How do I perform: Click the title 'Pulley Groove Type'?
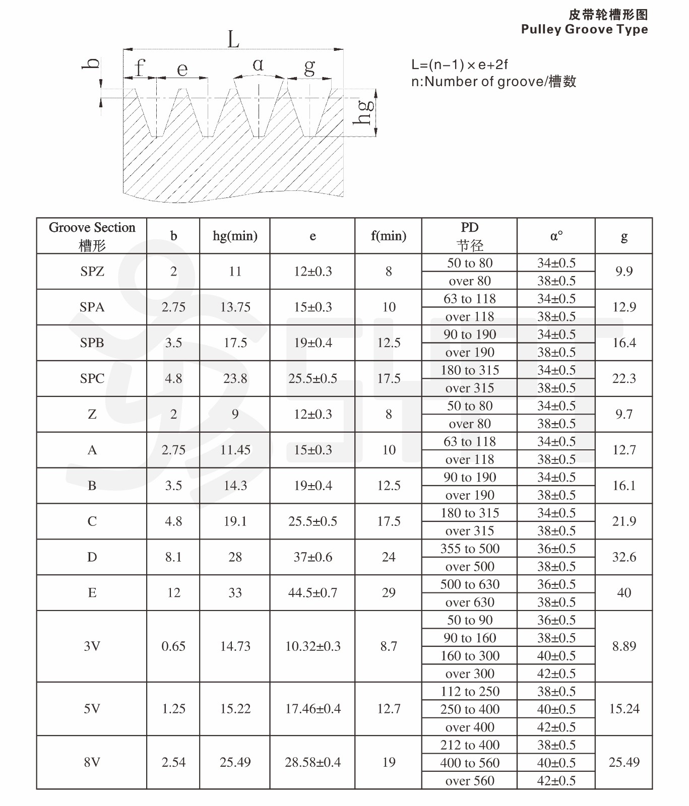(584, 29)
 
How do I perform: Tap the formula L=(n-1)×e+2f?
(459, 65)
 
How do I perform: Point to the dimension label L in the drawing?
(233, 39)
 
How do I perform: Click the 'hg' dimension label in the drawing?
(364, 112)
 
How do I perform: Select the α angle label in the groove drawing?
(258, 64)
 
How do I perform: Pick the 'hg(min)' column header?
(235, 236)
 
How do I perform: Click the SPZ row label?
(92, 272)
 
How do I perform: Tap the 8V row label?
(92, 762)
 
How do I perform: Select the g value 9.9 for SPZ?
(623, 272)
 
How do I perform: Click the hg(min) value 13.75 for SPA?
(235, 307)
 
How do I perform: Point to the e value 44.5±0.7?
(312, 593)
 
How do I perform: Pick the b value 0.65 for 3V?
(173, 646)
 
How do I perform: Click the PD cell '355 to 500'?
(469, 549)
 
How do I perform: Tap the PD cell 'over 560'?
(469, 781)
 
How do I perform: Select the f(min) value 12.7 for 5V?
(389, 709)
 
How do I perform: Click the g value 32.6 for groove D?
(623, 557)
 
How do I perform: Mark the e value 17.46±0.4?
(312, 709)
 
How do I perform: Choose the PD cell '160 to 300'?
(469, 656)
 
